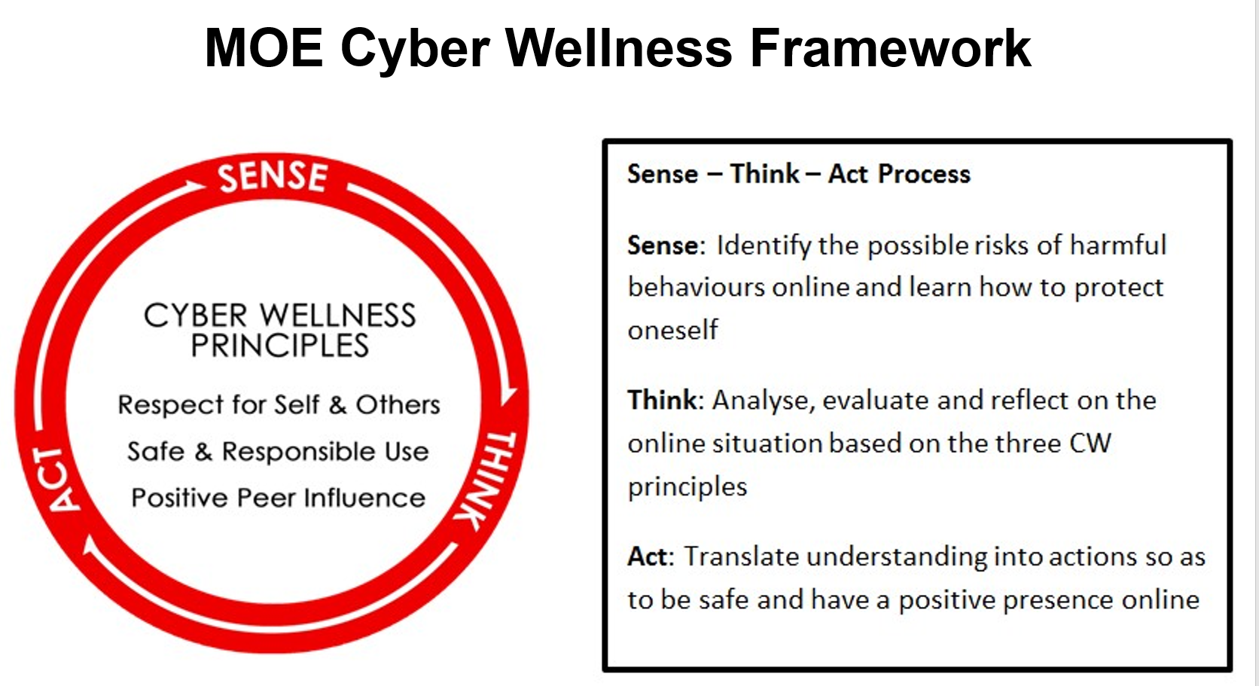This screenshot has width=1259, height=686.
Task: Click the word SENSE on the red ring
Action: (273, 176)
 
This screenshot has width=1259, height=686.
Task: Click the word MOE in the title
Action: (264, 48)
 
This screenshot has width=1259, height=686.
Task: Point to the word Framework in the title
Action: (891, 48)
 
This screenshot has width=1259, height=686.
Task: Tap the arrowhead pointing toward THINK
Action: (508, 395)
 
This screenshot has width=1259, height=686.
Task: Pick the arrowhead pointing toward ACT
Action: (90, 545)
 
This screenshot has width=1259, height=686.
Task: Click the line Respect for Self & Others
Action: (279, 405)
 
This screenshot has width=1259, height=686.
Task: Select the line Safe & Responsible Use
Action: (278, 452)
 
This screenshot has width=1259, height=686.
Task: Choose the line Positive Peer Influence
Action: (278, 498)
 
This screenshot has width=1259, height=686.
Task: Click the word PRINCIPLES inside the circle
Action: (280, 345)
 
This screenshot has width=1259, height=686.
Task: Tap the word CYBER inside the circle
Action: (196, 316)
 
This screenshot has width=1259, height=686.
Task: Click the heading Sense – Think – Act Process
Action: (799, 174)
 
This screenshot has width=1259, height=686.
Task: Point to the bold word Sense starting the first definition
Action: (663, 245)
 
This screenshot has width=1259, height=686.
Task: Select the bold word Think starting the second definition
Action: (662, 401)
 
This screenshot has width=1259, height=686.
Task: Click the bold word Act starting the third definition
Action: (648, 556)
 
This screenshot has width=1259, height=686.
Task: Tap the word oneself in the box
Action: (672, 330)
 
